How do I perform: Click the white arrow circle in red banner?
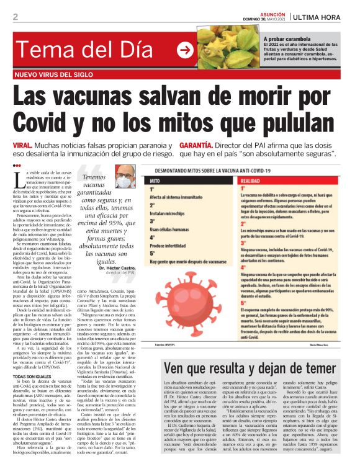pyautogui.click(x=184, y=50)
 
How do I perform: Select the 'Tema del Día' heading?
pyautogui.click(x=83, y=50)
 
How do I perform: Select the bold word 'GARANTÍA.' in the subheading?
pyautogui.click(x=202, y=145)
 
